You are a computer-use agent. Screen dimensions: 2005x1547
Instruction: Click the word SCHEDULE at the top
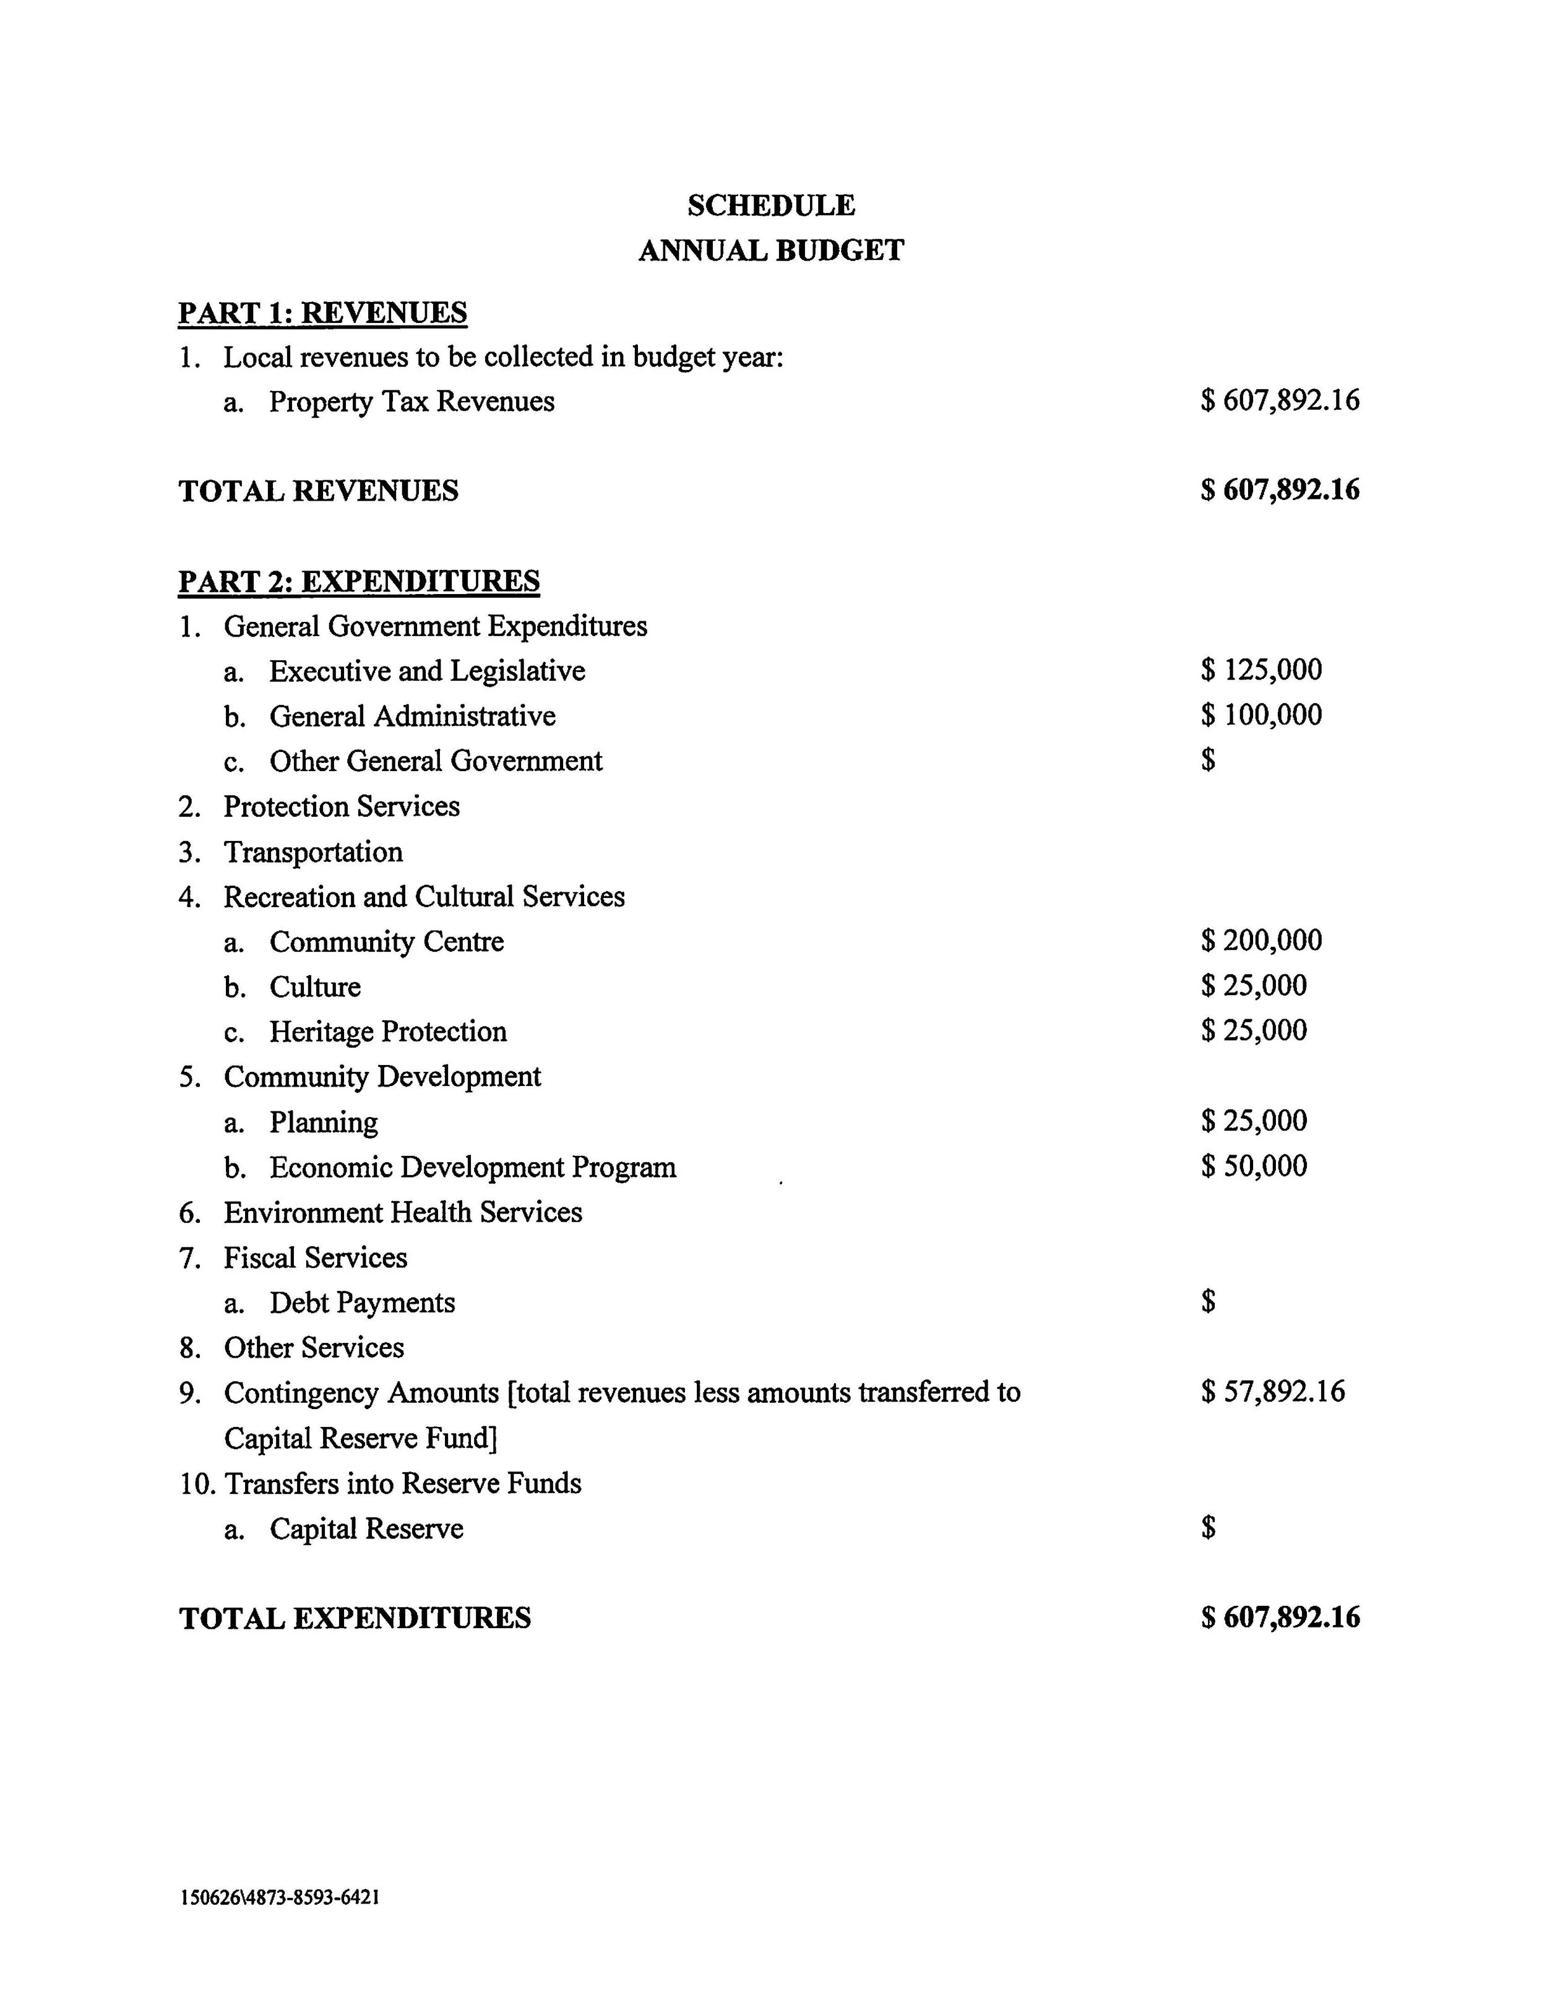(x=770, y=205)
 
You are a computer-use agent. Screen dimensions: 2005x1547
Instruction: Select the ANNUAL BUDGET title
(x=770, y=250)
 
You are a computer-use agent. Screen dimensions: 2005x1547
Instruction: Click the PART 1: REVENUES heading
(x=322, y=313)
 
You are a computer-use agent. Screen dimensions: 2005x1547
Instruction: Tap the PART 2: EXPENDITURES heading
(x=359, y=581)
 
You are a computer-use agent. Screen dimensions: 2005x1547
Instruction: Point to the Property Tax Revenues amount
(x=1279, y=400)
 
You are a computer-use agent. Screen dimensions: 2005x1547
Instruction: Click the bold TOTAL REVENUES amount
(x=1279, y=490)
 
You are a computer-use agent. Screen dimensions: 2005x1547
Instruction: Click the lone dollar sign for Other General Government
(x=1207, y=759)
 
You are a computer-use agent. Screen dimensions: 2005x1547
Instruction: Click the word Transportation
(x=313, y=852)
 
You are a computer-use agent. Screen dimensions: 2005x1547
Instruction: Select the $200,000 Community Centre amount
(x=1260, y=940)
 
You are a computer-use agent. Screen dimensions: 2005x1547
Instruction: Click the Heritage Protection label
(x=387, y=1031)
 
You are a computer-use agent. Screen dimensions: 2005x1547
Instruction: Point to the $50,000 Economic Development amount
(x=1253, y=1166)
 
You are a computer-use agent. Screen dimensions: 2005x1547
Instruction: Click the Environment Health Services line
(x=402, y=1212)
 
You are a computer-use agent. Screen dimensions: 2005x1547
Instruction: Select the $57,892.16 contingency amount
(x=1272, y=1391)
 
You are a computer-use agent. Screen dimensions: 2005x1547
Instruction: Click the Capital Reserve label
(x=366, y=1529)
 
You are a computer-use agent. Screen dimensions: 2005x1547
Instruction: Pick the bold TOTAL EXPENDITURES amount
(x=1279, y=1618)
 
